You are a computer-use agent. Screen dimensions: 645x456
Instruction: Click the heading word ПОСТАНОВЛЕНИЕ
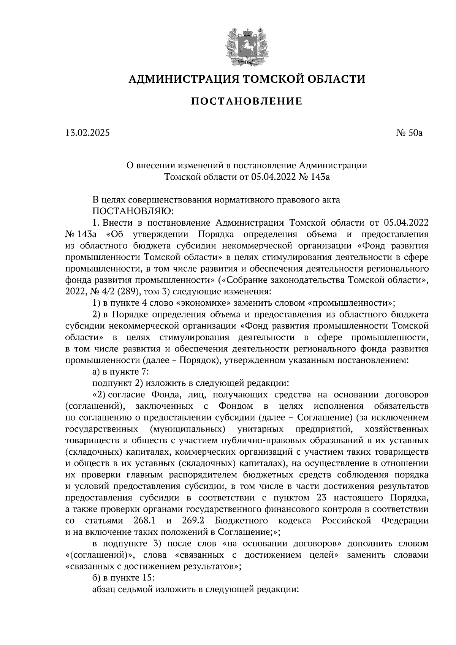[246, 101]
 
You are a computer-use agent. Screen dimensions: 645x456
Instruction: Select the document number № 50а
[408, 133]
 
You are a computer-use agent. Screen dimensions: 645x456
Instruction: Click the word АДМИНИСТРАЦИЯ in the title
[183, 79]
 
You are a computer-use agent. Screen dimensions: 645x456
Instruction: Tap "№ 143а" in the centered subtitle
[314, 177]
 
